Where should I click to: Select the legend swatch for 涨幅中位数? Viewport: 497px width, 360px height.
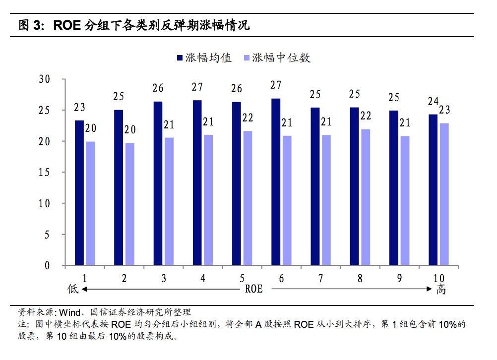click(x=247, y=58)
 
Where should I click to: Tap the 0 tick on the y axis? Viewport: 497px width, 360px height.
click(x=48, y=265)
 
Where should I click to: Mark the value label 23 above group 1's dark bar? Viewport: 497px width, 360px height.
click(x=79, y=107)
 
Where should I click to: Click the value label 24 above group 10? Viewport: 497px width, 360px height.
click(x=433, y=102)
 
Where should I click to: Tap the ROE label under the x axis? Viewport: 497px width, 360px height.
click(x=253, y=289)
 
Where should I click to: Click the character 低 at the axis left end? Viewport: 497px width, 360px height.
click(x=73, y=289)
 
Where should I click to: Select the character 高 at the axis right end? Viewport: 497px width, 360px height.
click(x=440, y=289)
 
